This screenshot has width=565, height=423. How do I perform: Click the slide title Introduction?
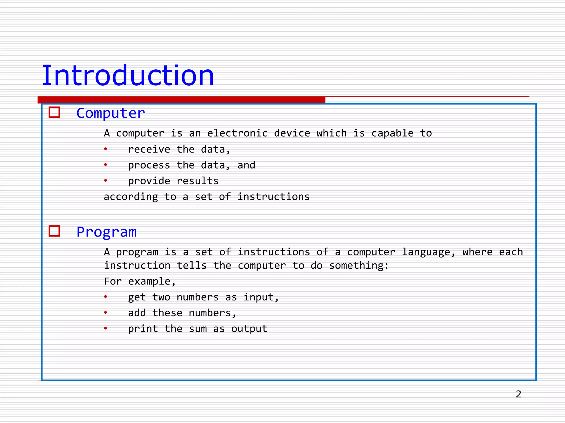pos(128,75)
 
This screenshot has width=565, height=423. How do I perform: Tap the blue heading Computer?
pos(110,113)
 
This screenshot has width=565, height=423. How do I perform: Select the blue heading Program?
pos(106,232)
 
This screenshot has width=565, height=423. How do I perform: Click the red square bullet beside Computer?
pos(54,112)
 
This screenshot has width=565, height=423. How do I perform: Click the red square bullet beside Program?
pos(54,231)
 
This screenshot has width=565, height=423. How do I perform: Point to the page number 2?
pos(518,394)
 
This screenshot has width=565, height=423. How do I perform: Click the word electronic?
pos(237,133)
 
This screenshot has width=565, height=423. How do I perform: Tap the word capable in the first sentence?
pos(392,133)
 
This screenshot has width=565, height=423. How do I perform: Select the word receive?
pos(149,149)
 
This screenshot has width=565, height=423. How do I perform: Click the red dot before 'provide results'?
pos(105,181)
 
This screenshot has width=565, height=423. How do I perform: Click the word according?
pos(131,197)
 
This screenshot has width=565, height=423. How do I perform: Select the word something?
pos(359,266)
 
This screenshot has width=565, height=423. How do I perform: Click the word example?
pos(151,282)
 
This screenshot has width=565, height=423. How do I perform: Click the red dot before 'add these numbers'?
pos(105,313)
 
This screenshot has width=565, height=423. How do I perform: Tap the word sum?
pos(198,329)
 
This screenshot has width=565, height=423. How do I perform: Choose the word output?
pos(249,329)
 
